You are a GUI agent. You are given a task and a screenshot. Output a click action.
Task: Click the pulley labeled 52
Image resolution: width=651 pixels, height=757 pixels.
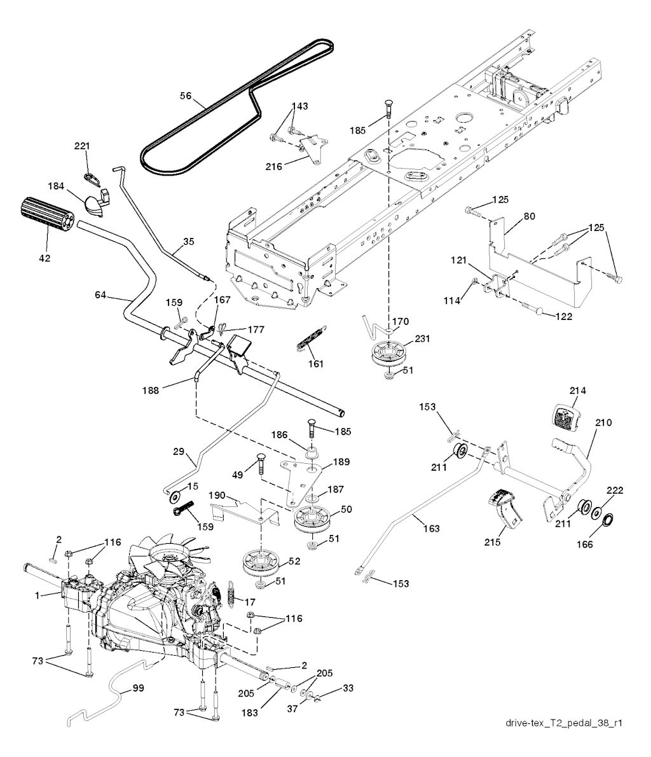point(261,561)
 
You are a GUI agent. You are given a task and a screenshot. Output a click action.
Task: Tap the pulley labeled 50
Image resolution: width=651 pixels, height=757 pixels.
point(315,518)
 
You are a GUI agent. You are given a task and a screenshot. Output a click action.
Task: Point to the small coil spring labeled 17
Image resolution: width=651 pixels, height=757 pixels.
point(232,594)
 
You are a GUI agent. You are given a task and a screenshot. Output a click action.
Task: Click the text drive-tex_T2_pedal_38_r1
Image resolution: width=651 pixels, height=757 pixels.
point(563,723)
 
